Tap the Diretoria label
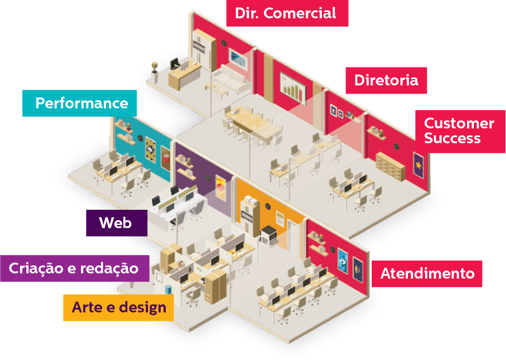click(386, 80)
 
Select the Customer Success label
click(458, 131)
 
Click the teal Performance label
click(80, 103)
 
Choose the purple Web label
click(116, 222)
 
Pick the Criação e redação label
click(73, 268)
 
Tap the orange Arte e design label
click(118, 307)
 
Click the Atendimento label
click(427, 273)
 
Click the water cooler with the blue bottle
click(169, 289)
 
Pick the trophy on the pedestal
click(154, 69)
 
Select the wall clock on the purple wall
click(208, 178)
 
